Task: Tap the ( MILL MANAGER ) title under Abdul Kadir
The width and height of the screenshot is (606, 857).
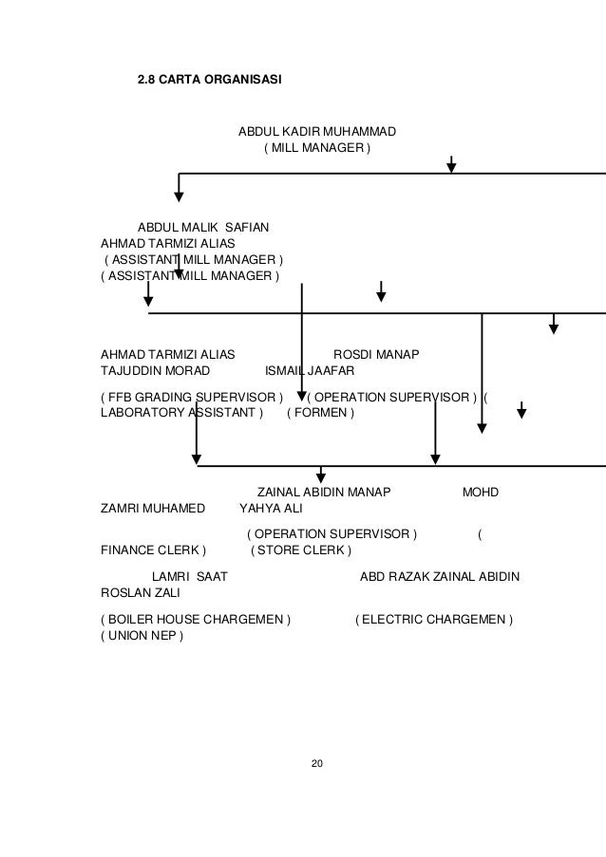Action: (316, 148)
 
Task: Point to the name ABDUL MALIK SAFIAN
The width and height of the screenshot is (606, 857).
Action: (203, 227)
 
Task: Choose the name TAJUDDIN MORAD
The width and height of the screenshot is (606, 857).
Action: (155, 371)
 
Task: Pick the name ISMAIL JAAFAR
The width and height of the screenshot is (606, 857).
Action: (310, 371)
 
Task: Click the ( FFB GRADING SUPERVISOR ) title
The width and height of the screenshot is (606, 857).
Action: (193, 396)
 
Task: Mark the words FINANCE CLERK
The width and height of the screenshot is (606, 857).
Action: (148, 550)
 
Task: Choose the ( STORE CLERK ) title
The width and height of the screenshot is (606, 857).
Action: (300, 550)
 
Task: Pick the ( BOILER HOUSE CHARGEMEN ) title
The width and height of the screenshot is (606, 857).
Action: (196, 620)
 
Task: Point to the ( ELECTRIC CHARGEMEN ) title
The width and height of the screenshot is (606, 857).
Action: (433, 620)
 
